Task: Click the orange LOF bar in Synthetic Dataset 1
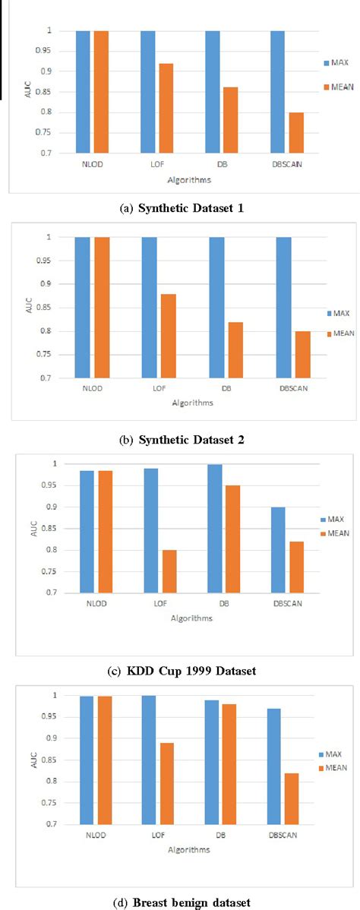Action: [166, 108]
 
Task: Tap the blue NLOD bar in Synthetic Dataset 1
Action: [82, 91]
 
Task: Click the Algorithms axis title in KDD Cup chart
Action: [191, 618]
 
